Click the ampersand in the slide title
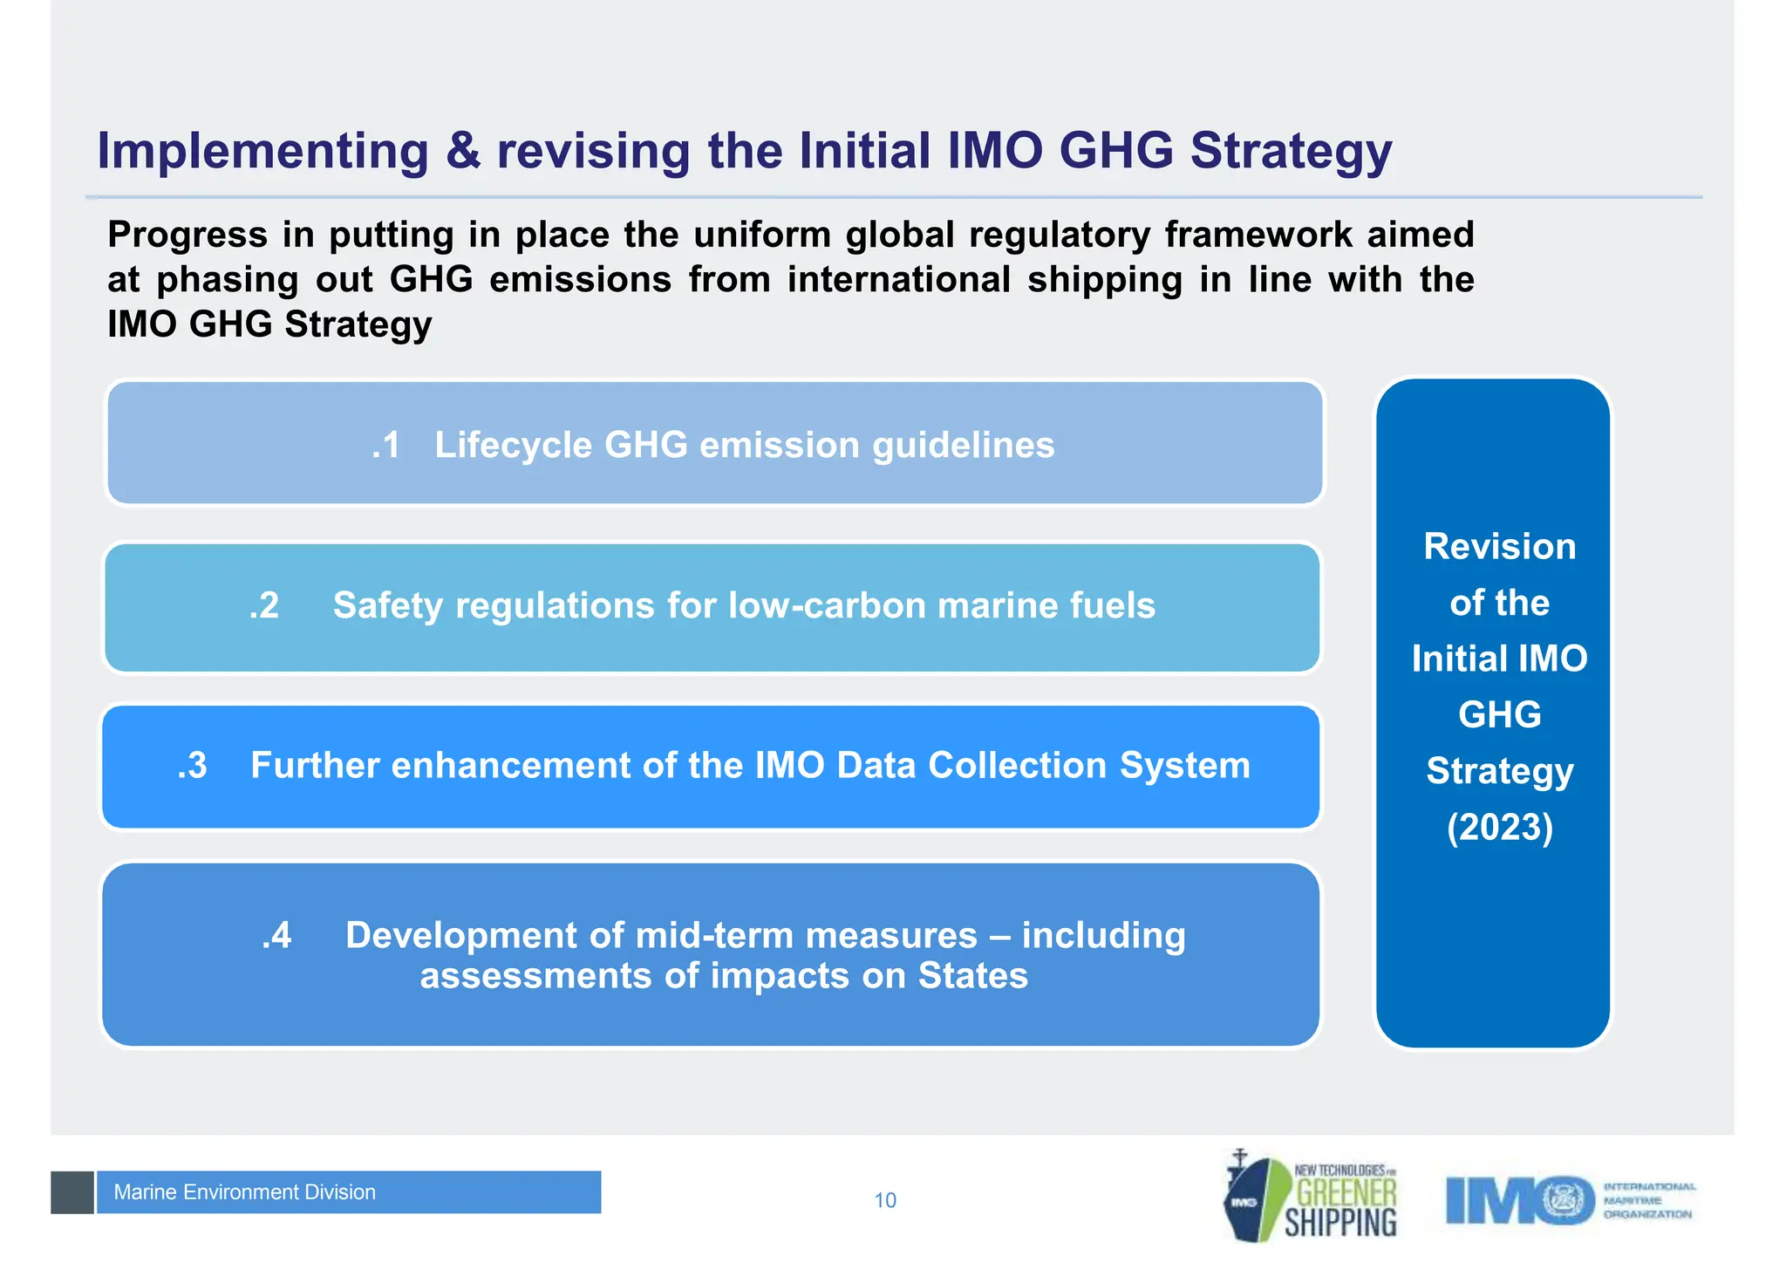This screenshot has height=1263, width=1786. click(463, 151)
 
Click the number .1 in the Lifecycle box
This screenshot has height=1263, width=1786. click(385, 445)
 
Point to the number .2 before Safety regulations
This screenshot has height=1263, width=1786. click(264, 605)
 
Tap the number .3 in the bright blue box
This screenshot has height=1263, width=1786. click(192, 766)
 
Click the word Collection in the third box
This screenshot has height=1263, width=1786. click(1017, 766)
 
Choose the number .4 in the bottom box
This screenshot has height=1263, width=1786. click(276, 935)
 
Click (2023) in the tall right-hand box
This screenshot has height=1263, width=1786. click(1499, 827)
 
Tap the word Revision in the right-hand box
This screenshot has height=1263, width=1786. click(1499, 547)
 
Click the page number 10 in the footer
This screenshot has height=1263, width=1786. click(884, 1201)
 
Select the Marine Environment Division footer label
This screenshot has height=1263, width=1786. click(245, 1192)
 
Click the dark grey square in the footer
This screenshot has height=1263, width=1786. click(72, 1192)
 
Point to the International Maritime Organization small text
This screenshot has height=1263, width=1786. click(1648, 1200)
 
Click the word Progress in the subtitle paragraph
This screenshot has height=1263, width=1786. click(187, 235)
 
